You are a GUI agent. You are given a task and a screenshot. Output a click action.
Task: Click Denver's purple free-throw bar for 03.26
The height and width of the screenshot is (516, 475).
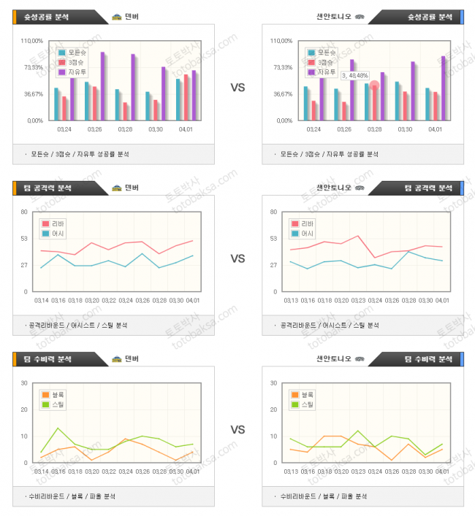pyautogui.click(x=102, y=86)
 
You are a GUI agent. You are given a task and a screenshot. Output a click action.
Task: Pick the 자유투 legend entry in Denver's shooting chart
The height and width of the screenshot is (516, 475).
pyautogui.click(x=75, y=72)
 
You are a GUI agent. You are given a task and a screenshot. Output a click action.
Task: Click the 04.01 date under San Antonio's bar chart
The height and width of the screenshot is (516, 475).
pyautogui.click(x=435, y=129)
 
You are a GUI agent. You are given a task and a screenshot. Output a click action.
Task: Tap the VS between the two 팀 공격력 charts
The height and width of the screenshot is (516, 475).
pyautogui.click(x=237, y=258)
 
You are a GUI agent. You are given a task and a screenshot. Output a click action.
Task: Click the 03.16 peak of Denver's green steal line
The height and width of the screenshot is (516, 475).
pyautogui.click(x=58, y=428)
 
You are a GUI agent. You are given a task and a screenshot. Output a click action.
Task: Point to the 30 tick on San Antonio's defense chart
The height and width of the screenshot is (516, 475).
pyautogui.click(x=273, y=383)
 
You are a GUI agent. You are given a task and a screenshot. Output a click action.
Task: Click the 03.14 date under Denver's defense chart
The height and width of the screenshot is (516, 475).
pyautogui.click(x=42, y=471)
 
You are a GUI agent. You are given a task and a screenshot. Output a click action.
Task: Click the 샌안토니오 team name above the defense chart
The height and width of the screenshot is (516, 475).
pyautogui.click(x=333, y=358)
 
